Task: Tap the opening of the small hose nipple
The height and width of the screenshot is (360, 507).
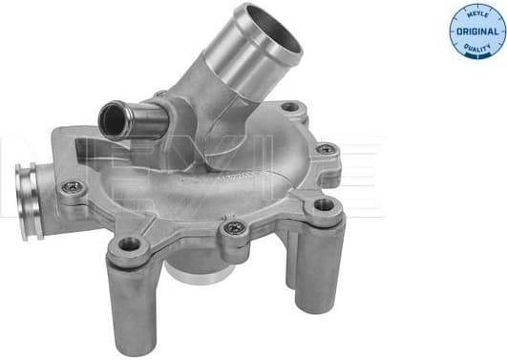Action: (116, 118)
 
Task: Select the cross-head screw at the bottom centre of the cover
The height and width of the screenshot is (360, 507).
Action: (233, 228)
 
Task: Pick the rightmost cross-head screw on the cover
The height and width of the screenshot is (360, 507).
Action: (326, 149)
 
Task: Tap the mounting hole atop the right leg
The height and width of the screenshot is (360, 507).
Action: (325, 203)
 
